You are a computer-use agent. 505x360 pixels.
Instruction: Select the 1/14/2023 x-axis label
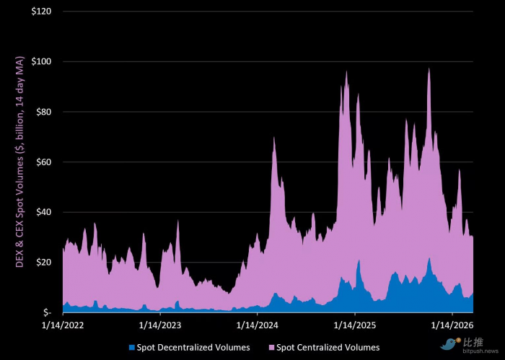pyautogui.click(x=160, y=325)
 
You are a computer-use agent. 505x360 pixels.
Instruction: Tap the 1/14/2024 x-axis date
pyautogui.click(x=258, y=325)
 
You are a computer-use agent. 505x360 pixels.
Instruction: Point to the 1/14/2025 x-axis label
pyautogui.click(x=355, y=325)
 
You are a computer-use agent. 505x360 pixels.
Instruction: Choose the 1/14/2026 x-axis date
pyautogui.click(x=452, y=325)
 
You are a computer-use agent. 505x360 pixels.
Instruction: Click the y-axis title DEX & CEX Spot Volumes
pyautogui.click(x=20, y=162)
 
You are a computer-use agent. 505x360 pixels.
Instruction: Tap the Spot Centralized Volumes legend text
pyautogui.click(x=328, y=348)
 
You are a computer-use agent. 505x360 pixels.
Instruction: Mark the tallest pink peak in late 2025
pyautogui.click(x=429, y=70)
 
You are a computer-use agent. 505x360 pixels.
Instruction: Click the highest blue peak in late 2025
pyautogui.click(x=429, y=259)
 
